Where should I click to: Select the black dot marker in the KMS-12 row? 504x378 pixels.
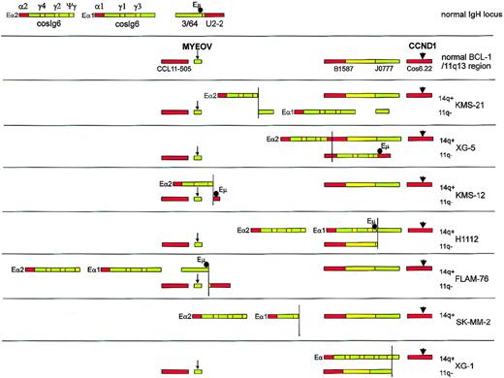tap(215, 196)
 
